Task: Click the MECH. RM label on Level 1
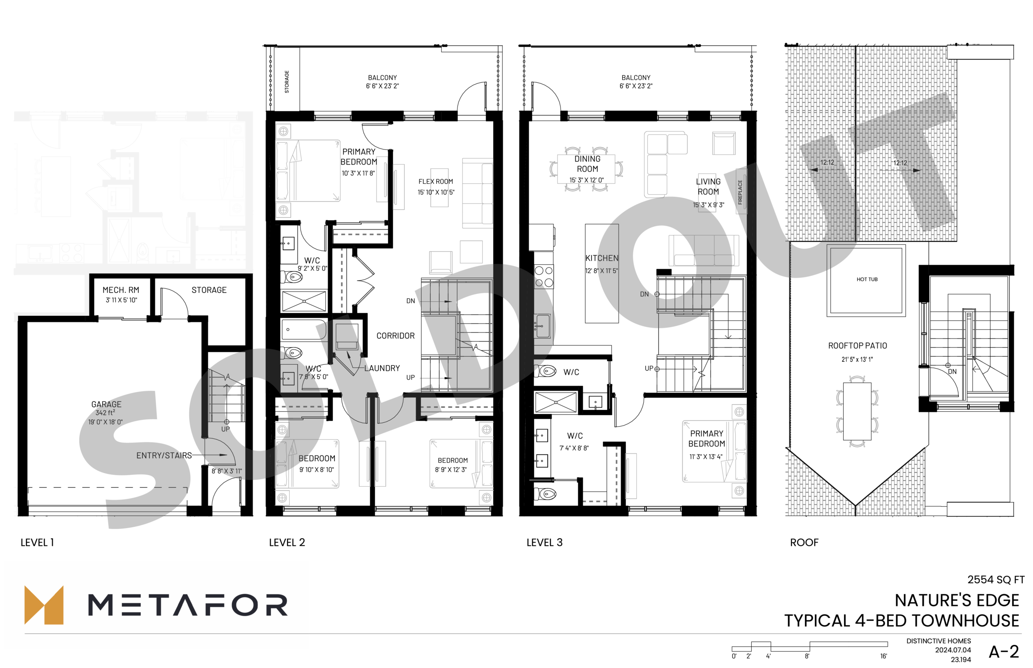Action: tap(121, 290)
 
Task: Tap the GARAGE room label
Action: tap(106, 404)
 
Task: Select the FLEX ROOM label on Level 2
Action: tap(435, 181)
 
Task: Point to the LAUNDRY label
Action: tap(382, 368)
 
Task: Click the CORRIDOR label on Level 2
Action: tap(395, 336)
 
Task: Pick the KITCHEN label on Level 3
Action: tap(602, 258)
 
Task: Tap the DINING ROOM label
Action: tap(588, 164)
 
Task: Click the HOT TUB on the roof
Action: tap(866, 280)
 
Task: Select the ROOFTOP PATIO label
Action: tap(857, 346)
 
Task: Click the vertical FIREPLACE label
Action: tap(740, 192)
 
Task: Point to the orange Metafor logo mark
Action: tap(44, 605)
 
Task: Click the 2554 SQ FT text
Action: tap(996, 580)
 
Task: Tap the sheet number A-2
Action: tap(1004, 651)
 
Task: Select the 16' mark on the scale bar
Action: tap(883, 656)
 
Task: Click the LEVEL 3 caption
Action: tap(544, 542)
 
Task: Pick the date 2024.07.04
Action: tap(953, 650)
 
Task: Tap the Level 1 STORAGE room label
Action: tap(209, 290)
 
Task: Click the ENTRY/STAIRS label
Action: tap(164, 455)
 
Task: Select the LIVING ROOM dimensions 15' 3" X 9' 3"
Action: tap(708, 205)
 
